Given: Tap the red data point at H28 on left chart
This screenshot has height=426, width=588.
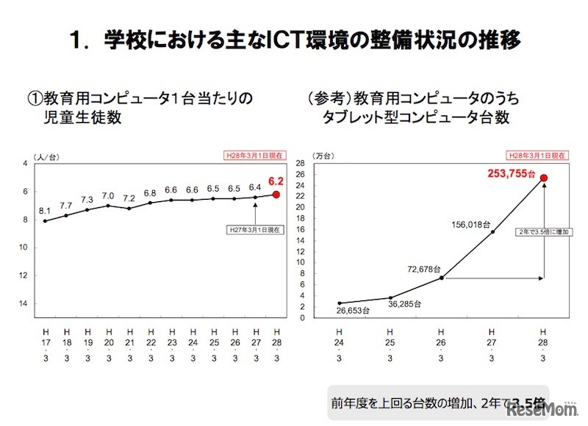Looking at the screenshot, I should coord(276,195).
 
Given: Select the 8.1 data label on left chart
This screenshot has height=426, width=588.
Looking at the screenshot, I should coord(45,209).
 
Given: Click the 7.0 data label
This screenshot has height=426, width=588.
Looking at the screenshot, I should coord(108,195).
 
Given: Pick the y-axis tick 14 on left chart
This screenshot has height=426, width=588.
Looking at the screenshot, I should coord(24,303).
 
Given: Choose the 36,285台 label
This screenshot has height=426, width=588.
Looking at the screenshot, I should coord(404,304).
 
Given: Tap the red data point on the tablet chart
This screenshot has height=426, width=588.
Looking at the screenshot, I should coord(544,178).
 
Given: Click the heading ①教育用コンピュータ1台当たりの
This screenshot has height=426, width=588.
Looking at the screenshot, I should coord(140,98).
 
